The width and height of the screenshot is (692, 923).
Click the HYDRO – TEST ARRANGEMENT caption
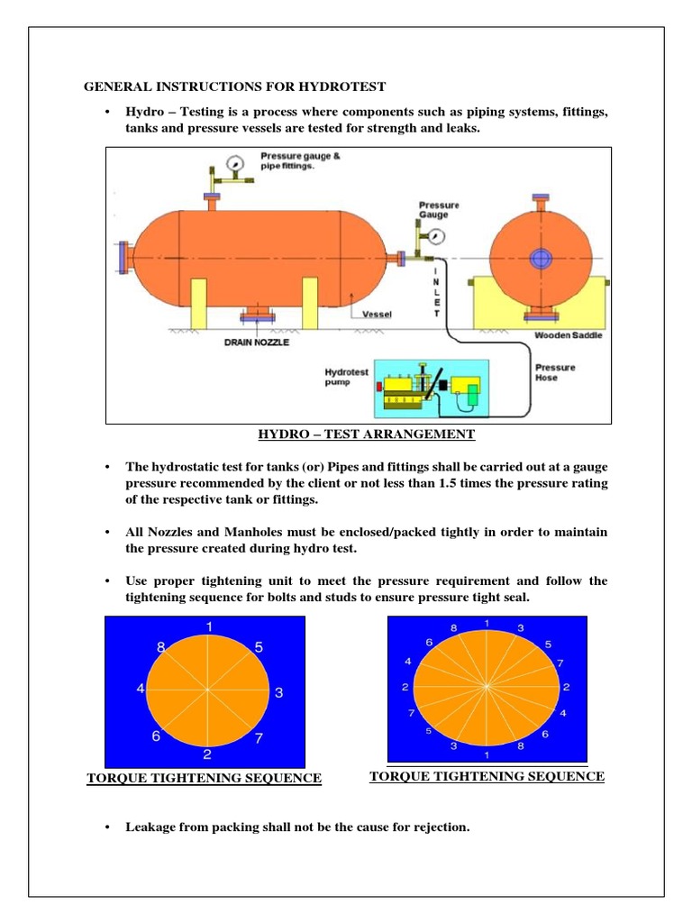point(367,434)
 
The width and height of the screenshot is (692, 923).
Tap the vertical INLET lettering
point(437,291)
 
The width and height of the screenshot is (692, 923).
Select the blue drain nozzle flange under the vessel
point(257,315)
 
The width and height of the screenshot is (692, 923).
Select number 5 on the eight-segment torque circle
point(259,646)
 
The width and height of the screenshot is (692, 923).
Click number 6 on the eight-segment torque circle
point(156,736)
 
